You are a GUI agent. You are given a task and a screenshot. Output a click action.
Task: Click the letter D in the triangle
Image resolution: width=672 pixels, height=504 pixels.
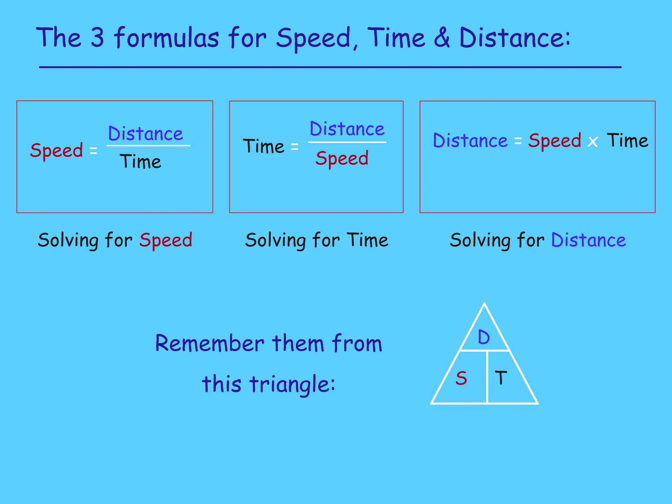[x=484, y=337]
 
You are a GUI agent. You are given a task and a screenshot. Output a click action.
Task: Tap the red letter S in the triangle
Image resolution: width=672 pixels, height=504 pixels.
[x=461, y=378]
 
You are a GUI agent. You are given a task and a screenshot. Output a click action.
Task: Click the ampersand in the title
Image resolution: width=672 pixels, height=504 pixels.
[x=442, y=37]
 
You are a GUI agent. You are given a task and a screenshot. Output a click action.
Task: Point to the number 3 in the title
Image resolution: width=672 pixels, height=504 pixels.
[x=97, y=37]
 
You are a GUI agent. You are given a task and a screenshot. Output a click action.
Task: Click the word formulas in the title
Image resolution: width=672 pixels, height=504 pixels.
[x=167, y=37]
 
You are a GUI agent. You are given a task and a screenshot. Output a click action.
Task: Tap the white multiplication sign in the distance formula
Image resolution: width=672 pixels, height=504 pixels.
[x=593, y=142]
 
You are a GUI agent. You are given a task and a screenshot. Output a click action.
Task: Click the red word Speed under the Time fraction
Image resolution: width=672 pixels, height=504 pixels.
[x=342, y=158]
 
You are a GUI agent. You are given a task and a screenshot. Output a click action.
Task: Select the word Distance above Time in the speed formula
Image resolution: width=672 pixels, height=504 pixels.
[x=145, y=134]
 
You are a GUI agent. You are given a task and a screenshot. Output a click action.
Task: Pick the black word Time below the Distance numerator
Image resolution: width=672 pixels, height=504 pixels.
[x=141, y=161]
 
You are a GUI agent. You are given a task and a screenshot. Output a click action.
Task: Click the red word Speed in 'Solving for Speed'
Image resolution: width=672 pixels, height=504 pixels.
[x=166, y=240]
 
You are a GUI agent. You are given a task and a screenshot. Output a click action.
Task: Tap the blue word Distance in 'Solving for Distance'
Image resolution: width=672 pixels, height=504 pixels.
[x=588, y=240]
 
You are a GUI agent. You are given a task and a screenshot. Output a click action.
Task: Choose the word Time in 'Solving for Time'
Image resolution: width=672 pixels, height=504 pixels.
[x=367, y=240]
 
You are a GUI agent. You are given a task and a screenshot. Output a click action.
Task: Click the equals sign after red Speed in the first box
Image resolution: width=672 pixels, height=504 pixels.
[x=94, y=151]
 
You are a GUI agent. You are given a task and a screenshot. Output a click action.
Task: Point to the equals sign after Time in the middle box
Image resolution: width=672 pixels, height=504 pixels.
[x=295, y=147]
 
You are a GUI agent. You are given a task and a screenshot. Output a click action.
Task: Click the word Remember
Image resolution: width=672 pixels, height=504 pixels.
[x=210, y=344]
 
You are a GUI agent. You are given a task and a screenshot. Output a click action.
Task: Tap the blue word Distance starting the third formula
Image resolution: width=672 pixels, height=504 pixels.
[x=470, y=141]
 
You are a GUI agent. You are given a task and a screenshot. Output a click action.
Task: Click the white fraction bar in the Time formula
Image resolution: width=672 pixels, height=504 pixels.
[x=347, y=142]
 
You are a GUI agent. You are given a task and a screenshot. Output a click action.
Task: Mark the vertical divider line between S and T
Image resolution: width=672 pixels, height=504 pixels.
[x=487, y=377]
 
